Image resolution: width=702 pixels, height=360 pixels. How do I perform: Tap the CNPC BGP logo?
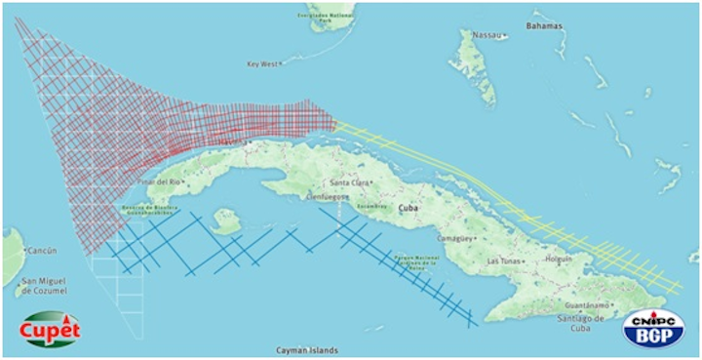pos(654,326)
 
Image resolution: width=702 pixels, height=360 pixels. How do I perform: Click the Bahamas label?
pos(545,25)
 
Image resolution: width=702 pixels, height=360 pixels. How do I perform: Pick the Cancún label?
pos(40,250)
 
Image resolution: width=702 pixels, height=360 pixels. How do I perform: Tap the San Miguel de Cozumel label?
pos(42,287)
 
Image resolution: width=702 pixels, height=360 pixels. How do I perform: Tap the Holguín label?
pos(559,259)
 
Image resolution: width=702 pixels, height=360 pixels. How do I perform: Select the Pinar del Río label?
pos(161,181)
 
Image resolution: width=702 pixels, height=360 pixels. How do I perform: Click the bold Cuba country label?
pos(410,208)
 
